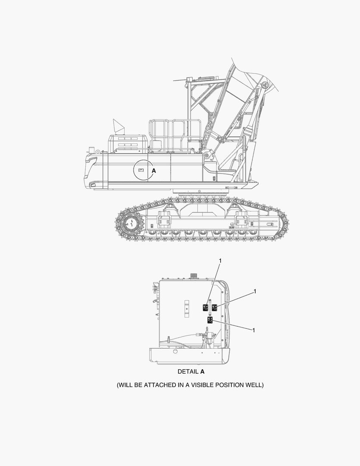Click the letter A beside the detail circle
point(153,170)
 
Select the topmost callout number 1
point(220,261)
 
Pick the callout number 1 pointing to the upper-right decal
point(254,292)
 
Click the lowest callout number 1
point(254,330)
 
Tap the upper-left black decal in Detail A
point(205,308)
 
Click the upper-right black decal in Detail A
point(214,308)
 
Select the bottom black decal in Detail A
point(210,320)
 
